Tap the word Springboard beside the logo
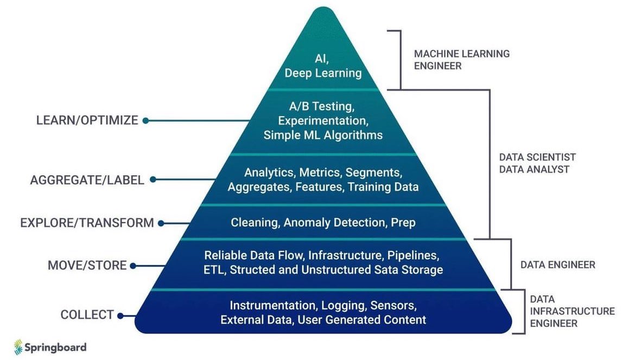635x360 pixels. point(55,348)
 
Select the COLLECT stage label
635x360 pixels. point(87,315)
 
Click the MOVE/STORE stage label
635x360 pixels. point(87,266)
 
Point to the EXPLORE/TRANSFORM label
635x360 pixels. point(87,223)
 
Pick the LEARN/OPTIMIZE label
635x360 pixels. point(87,121)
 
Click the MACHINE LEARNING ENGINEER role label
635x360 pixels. point(461,60)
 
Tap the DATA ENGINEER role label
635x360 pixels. point(557,265)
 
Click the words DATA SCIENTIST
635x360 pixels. point(537,157)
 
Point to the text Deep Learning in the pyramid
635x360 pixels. point(323,73)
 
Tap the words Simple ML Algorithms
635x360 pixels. point(323,135)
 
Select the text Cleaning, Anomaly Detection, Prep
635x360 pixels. point(323,223)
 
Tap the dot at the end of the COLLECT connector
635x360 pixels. point(120,315)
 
